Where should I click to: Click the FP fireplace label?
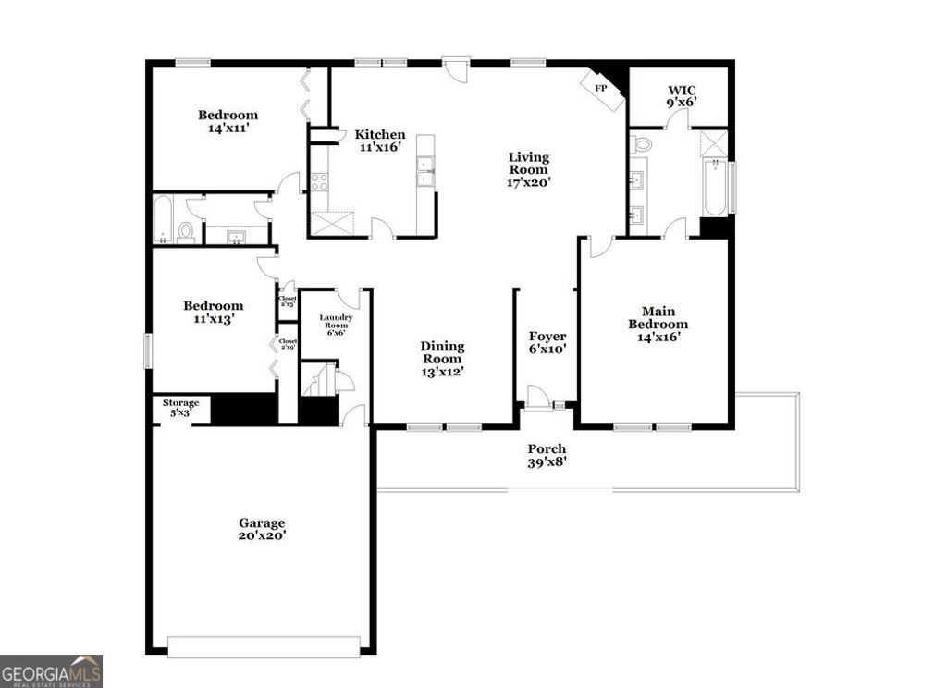coord(599,89)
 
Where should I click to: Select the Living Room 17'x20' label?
coord(529,169)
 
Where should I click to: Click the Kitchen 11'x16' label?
coord(380,140)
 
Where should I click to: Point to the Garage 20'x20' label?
coord(263,529)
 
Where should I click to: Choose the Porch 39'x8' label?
coord(547,455)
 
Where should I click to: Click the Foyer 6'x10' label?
coord(547,343)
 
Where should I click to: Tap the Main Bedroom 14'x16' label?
coord(658,325)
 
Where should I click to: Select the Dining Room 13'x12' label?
coord(443,359)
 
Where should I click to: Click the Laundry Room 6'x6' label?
coord(334,325)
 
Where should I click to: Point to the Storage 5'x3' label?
coord(180,408)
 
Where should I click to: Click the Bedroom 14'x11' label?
coord(228,122)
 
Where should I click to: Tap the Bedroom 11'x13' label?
coord(213,312)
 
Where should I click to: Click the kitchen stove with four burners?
coord(319,181)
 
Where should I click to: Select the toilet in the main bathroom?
coord(642,143)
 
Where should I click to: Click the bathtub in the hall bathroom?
coord(163,219)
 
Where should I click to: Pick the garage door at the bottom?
coord(264,646)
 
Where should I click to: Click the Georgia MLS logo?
coord(51,670)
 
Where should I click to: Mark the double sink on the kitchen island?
coord(425,171)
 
